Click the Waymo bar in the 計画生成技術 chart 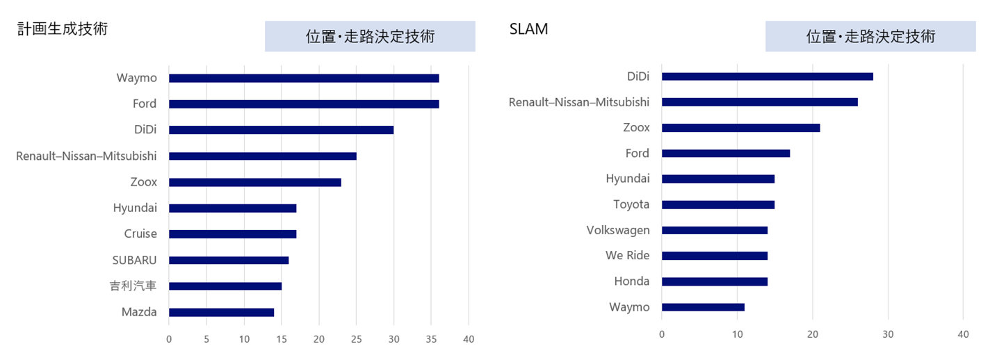click(x=304, y=78)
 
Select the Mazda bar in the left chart click(x=221, y=312)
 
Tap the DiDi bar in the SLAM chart click(x=767, y=76)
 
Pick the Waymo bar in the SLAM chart click(x=703, y=307)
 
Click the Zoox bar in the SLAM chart click(x=740, y=128)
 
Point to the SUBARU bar click(x=229, y=260)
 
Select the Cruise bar click(x=232, y=234)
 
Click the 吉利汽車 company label click(x=133, y=286)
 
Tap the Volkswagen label click(x=618, y=230)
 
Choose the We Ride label click(x=627, y=256)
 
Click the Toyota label click(x=631, y=204)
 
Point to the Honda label click(x=631, y=281)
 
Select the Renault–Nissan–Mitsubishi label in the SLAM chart click(x=579, y=102)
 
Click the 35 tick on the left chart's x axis click(x=431, y=339)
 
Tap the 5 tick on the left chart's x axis click(x=206, y=339)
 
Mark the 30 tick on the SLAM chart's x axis click(x=888, y=334)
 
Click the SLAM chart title click(x=528, y=29)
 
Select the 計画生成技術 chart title click(x=63, y=29)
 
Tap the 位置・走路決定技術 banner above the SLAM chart click(x=870, y=36)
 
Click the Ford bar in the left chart click(x=304, y=104)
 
